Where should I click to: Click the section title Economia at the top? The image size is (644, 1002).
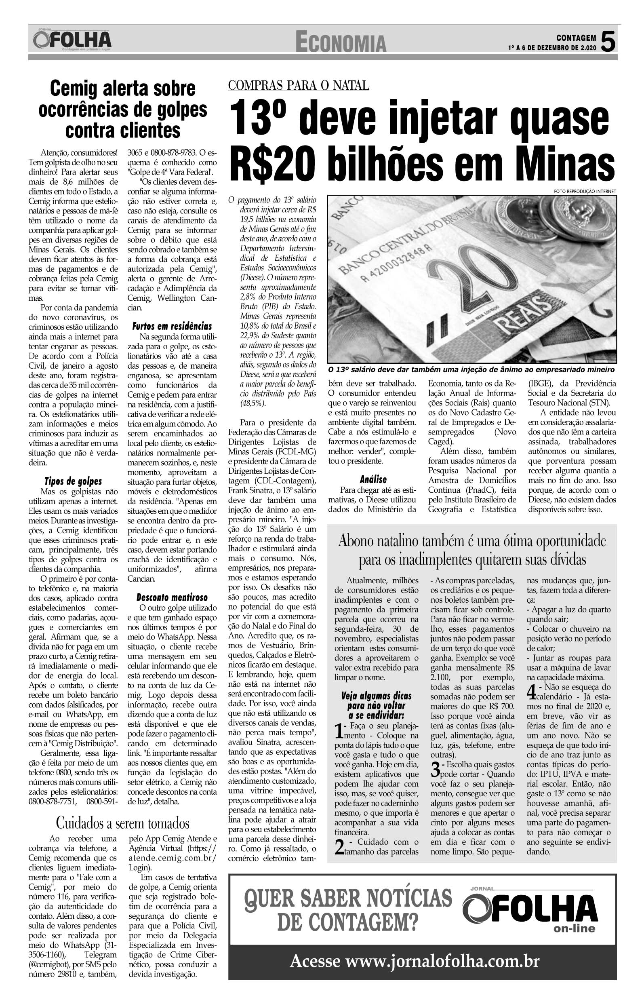pos(341,43)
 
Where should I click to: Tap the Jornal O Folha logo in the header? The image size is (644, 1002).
pos(72,40)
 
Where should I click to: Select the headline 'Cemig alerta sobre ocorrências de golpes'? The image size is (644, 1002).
pos(122,109)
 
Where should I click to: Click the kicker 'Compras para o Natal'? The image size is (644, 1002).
pos(299,85)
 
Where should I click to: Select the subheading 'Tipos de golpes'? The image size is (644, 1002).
pos(73,481)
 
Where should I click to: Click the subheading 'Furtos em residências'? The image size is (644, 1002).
pos(172,326)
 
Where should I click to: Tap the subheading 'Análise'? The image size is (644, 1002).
pos(373,479)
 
